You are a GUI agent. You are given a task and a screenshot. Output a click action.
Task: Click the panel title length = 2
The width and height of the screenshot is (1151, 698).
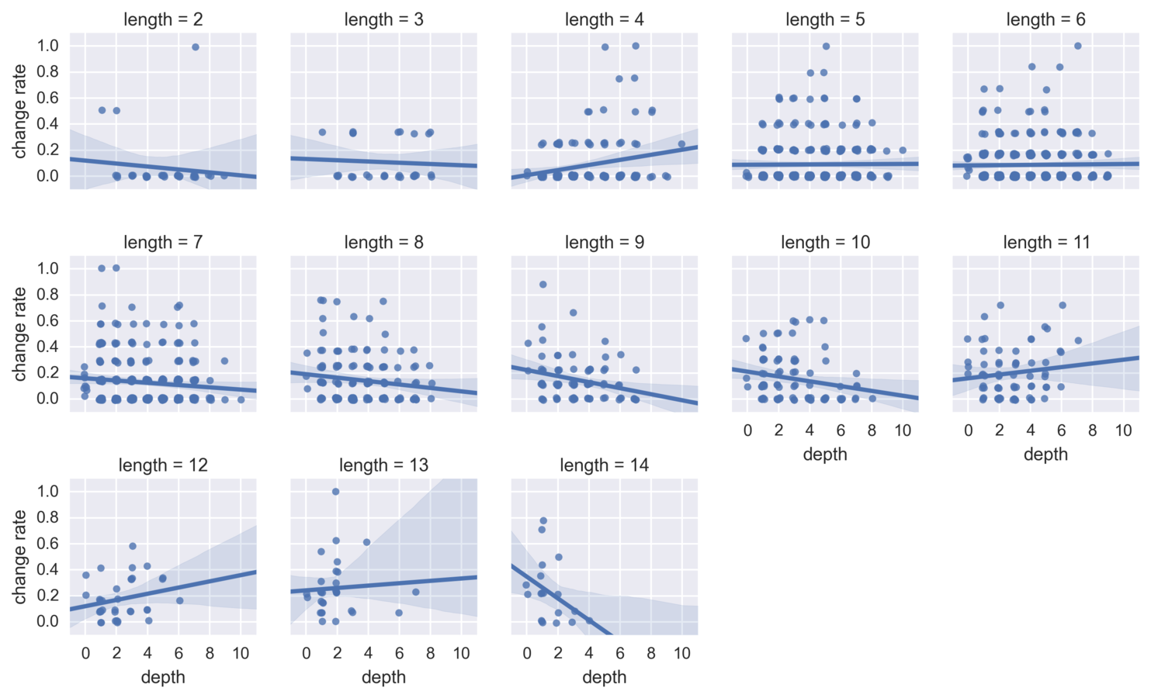(x=163, y=19)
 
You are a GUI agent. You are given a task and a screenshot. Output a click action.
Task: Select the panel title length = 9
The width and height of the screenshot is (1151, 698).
(x=604, y=242)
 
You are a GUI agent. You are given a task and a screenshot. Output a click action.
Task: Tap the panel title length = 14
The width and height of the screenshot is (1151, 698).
(x=604, y=465)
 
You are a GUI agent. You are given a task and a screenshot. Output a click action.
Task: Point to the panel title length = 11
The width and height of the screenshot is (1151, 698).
(x=1045, y=242)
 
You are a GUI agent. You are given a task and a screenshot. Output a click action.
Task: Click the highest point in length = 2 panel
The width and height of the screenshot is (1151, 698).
(x=196, y=47)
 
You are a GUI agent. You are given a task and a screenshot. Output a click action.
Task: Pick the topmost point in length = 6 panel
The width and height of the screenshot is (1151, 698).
(x=1077, y=46)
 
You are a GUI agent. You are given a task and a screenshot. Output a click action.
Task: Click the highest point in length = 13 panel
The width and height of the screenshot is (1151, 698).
(x=335, y=492)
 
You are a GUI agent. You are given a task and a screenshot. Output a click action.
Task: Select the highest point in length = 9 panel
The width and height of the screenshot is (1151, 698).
(x=543, y=285)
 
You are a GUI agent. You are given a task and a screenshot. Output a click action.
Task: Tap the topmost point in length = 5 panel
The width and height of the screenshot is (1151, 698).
(x=826, y=47)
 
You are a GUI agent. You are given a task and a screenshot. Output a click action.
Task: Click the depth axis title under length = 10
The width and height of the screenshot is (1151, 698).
(x=825, y=454)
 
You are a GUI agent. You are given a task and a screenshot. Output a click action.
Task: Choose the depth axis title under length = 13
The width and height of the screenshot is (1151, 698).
(x=383, y=676)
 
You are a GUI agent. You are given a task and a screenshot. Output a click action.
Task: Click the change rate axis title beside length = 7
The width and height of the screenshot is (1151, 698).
(x=20, y=333)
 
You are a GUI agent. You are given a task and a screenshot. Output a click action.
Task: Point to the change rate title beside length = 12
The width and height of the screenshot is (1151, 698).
(x=20, y=556)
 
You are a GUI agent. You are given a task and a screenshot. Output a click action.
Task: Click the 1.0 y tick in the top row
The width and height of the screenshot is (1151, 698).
(x=48, y=46)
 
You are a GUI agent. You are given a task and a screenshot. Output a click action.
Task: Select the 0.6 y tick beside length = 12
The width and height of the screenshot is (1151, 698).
(x=48, y=543)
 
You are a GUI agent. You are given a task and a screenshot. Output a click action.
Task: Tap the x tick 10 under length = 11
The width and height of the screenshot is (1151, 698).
(x=1123, y=430)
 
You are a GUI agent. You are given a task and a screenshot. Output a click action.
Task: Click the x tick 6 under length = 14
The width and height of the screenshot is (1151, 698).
(x=620, y=653)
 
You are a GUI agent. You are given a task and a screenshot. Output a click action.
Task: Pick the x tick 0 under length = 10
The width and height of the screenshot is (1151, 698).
(x=747, y=430)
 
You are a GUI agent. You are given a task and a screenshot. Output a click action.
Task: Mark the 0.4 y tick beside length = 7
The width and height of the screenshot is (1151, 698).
(x=48, y=346)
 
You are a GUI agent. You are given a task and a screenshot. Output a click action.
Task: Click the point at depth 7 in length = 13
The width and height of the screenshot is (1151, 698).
(x=416, y=592)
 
